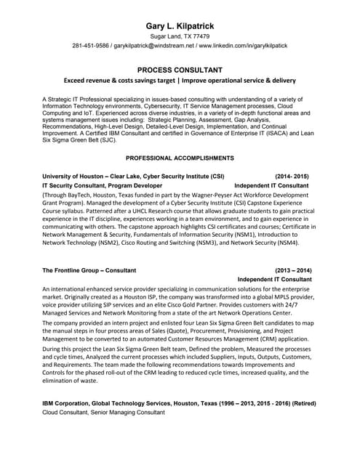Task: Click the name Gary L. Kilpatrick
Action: (x=179, y=25)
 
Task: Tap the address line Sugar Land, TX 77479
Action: (x=179, y=36)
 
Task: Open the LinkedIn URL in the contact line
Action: (x=242, y=46)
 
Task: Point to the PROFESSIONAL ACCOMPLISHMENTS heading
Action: (x=179, y=158)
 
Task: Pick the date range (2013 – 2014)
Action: (x=292, y=270)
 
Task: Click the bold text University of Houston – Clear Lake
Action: (x=97, y=177)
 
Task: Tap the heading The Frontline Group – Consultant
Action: (x=89, y=270)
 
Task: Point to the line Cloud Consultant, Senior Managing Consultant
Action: (x=103, y=412)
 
